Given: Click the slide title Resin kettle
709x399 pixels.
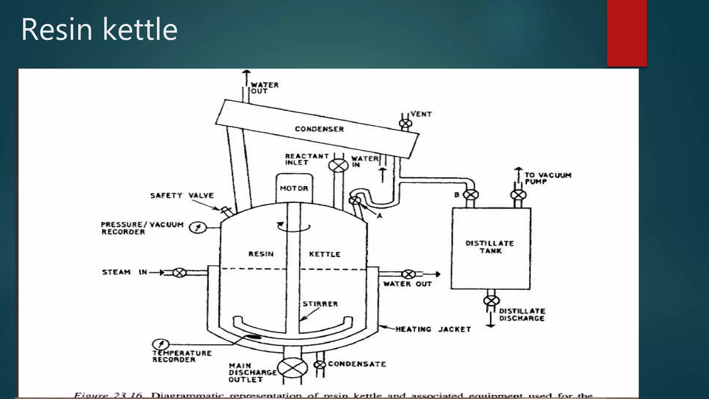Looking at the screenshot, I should [x=99, y=29].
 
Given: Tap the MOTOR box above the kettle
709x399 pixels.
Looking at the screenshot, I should [x=294, y=188].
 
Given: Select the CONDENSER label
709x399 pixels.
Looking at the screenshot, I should [x=319, y=129].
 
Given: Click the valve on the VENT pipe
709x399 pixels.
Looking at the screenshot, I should [x=405, y=124].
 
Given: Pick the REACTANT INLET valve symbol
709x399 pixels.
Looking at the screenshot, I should [x=338, y=166].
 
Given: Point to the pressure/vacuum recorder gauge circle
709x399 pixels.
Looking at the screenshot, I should [x=198, y=228].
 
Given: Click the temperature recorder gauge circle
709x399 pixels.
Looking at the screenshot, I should [x=160, y=344].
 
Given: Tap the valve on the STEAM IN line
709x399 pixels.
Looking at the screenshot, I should [x=179, y=273].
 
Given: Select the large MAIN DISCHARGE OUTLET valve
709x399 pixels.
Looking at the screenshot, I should [x=293, y=368].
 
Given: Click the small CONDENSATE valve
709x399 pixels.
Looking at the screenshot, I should [x=320, y=365].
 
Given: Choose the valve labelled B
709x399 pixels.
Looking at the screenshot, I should [x=470, y=195].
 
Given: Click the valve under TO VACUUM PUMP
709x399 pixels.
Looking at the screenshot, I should [x=518, y=195].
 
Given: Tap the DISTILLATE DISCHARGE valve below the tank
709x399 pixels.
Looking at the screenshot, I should [x=491, y=300].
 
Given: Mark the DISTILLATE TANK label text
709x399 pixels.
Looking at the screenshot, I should [x=490, y=247].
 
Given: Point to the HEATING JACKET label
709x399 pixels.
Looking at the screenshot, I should [x=433, y=329].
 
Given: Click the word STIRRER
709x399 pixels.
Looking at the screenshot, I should [x=320, y=304].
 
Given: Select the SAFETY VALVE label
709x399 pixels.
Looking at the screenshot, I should [x=182, y=196].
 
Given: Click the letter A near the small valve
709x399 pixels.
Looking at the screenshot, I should [x=379, y=216].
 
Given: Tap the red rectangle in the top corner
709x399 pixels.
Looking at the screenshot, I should [x=627, y=33].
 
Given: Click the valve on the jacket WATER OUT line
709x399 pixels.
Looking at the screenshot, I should [x=409, y=274].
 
